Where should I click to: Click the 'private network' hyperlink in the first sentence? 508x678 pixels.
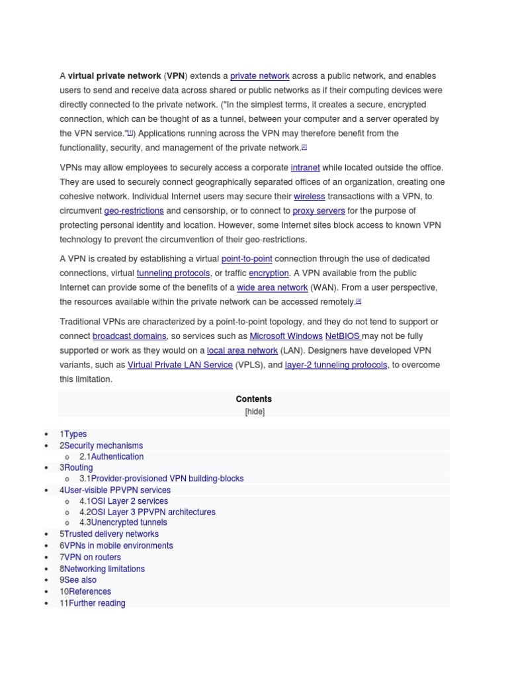coord(259,76)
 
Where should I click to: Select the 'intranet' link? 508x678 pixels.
coord(305,168)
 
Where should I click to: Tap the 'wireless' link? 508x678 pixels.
coord(310,197)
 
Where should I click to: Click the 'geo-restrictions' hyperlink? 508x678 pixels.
coord(134,211)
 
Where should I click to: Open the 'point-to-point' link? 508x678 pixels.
coord(247,259)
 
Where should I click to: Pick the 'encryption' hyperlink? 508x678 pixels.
coord(269,273)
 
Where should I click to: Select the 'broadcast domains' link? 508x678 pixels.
coord(130,336)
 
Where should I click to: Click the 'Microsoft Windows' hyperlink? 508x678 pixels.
coord(286,336)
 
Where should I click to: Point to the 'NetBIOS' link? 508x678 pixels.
coord(341,336)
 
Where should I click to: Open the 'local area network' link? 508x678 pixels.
coord(242,351)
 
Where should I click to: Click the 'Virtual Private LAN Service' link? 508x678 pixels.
coord(180,365)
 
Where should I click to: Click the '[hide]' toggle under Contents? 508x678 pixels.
coord(254,411)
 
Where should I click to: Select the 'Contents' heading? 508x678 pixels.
coord(254,399)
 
